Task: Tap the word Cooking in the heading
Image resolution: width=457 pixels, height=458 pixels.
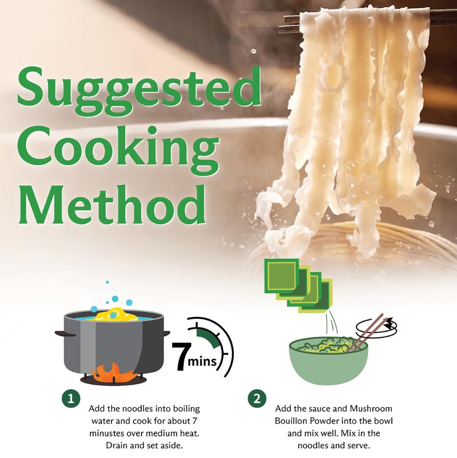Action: coord(118,150)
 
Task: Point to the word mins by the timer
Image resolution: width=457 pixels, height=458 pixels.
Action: coord(202,362)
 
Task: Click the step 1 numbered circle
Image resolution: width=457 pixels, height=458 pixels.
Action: coord(71,398)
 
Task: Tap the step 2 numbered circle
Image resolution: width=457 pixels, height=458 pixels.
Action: coord(257,398)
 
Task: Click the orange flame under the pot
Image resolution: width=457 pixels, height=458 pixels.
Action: coord(113,372)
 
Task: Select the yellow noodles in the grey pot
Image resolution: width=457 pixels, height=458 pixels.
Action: coord(116,314)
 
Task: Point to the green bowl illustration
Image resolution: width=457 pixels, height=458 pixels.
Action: coord(328,361)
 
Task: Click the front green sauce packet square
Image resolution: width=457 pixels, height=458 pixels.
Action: coord(282,276)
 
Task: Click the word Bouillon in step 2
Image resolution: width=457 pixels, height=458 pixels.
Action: coord(291,421)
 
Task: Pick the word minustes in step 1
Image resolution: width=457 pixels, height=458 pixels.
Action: coord(107,433)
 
